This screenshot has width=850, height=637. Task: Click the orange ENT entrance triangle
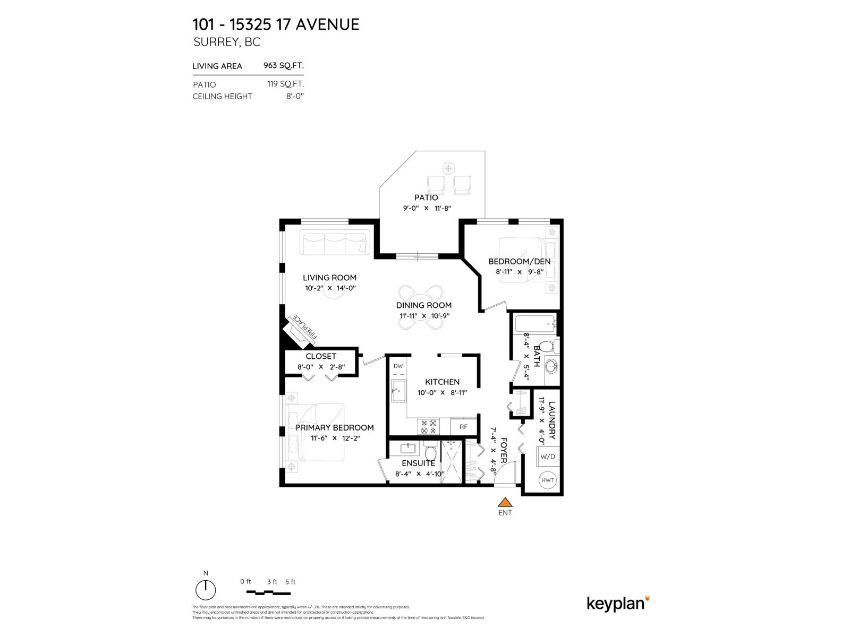(505, 502)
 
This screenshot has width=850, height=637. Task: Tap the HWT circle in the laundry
(547, 480)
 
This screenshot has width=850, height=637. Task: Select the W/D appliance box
(547, 456)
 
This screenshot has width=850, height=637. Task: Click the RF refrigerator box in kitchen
(463, 426)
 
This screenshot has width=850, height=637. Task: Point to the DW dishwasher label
(398, 366)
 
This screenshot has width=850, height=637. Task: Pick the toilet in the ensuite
(430, 453)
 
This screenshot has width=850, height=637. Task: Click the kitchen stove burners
(428, 427)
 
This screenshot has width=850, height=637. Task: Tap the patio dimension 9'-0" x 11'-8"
(427, 208)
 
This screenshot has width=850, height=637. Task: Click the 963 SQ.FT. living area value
(284, 66)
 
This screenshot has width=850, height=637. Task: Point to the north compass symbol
(206, 589)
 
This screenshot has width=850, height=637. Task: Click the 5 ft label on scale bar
(290, 582)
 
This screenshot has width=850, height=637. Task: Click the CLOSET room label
(321, 356)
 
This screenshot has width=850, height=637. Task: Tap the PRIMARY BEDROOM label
(334, 427)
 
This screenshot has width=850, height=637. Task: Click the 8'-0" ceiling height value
(295, 96)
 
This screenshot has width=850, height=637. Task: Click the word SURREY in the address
(215, 42)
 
